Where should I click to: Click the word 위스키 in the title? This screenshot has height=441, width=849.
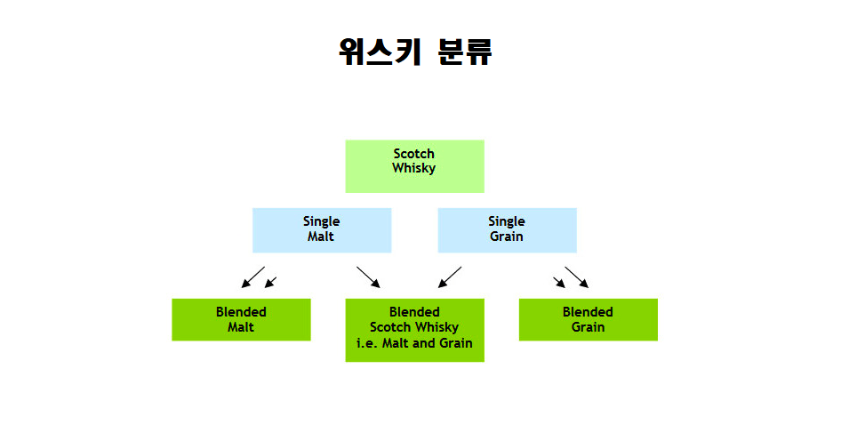pos(377,52)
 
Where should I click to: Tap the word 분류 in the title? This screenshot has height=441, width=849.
pos(464,52)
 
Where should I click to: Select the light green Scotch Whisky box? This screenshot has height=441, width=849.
pos(414,165)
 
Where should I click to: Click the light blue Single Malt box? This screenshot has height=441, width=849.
pos(321,230)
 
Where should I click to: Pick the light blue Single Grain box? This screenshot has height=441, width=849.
pos(507,230)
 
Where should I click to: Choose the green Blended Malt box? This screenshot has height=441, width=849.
pos(241,319)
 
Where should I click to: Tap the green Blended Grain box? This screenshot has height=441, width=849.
pos(588,319)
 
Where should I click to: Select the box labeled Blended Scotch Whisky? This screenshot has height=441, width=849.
pos(414,330)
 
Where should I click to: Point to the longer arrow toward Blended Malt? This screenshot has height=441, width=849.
pos(252,277)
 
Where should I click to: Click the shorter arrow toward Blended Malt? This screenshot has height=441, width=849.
pos(271,282)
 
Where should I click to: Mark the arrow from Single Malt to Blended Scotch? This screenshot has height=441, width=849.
pos(368,277)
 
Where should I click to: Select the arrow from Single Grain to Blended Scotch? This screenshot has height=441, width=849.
pos(450,277)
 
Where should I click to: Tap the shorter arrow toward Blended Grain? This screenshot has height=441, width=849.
pos(559,282)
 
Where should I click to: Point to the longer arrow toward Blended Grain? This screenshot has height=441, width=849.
pos(576,277)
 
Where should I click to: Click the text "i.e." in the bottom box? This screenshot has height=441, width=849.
pos(366,343)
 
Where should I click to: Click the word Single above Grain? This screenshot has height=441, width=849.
pos(507,221)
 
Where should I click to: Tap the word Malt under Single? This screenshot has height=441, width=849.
pos(321,237)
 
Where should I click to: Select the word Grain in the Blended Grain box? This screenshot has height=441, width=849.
pos(588,327)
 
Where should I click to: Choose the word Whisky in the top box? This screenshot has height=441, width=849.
pos(414,167)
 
